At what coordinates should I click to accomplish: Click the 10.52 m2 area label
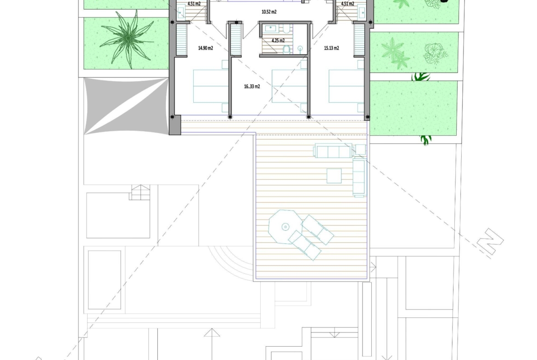point(269,12)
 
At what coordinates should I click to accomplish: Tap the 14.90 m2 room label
point(206,48)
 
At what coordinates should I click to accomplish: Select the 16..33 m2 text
point(252,87)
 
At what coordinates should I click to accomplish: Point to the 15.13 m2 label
point(331,48)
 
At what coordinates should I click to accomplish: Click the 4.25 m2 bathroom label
point(278,40)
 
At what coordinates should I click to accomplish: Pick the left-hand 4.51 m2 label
point(194,4)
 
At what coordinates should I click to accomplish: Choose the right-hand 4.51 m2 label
point(347,4)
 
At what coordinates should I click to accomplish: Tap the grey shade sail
point(126,106)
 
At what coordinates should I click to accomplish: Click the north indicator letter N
point(490,242)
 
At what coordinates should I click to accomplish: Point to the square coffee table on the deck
point(334,176)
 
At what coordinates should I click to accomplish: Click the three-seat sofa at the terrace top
point(333,150)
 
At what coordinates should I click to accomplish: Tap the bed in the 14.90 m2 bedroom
point(211,86)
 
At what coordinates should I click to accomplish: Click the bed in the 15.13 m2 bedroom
point(346,86)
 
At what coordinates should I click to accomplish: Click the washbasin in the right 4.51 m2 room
point(363,13)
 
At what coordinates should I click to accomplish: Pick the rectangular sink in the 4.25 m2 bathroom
point(271,28)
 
